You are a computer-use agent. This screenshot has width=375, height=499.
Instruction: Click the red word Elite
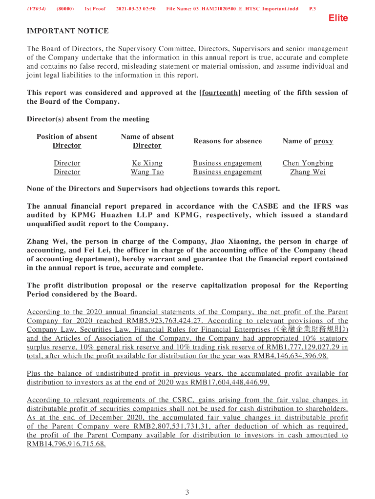coord(338,18)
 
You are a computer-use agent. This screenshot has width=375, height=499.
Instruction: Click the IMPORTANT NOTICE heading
coord(67,31)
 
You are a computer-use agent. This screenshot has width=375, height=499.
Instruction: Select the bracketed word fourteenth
coord(220,93)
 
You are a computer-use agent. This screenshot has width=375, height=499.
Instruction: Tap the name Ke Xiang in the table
coord(147,163)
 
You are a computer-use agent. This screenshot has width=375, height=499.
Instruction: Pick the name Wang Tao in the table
coord(147,172)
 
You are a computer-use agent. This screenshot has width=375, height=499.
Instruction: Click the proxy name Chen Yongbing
coord(308,163)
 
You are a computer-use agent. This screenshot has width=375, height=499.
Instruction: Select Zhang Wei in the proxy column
coord(308,172)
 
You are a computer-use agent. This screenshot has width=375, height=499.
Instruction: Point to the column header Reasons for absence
coord(228,141)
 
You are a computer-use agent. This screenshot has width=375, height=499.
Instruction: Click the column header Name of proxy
coord(308,141)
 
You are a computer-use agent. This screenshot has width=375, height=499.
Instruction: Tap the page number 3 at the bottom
coord(187,492)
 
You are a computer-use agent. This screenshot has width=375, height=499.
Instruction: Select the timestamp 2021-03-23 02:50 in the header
coord(136,9)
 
